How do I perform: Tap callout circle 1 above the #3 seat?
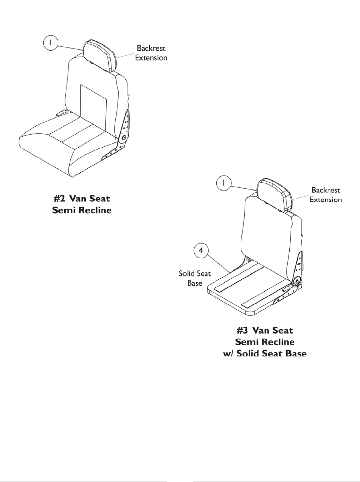tap(224, 183)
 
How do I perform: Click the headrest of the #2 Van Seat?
tap(100, 56)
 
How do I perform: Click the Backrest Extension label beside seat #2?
tap(151, 53)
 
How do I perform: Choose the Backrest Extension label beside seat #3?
tap(325, 195)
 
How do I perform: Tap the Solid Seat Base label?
tap(195, 279)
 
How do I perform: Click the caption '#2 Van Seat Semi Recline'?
tap(82, 204)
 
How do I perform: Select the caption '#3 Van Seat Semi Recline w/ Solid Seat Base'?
tap(265, 342)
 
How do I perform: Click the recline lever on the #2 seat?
tap(61, 113)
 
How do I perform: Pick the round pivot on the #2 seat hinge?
tap(124, 138)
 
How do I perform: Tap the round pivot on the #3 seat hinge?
tap(296, 281)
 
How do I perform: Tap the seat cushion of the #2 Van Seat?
tap(68, 146)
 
